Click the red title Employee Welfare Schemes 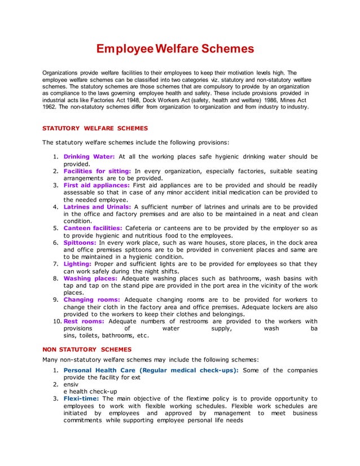tap(175, 49)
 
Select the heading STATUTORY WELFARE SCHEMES tap(95, 129)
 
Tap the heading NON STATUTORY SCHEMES tap(87, 349)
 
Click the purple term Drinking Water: tap(89, 156)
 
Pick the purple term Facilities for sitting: tap(97, 170)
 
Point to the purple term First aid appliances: tap(96, 185)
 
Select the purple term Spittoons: tap(80, 242)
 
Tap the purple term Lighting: tap(78, 263)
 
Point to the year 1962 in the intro tap(51, 106)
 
